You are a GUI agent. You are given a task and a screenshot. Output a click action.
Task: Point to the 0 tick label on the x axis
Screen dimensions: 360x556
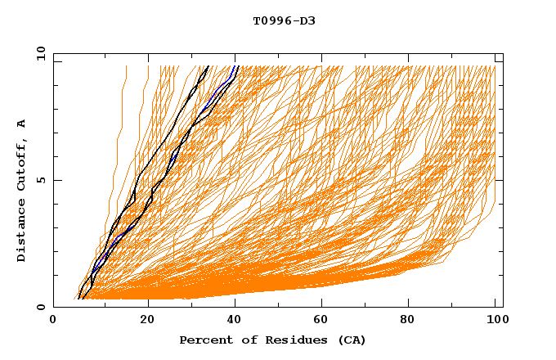[53, 320]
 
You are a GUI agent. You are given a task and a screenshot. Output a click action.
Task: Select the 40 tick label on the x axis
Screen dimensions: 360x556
[236, 320]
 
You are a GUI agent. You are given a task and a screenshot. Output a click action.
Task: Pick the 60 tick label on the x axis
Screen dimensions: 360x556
[325, 320]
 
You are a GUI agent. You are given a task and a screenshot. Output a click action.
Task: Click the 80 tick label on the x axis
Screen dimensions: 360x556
[413, 320]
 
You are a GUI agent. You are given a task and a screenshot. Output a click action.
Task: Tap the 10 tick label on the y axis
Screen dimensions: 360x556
[39, 53]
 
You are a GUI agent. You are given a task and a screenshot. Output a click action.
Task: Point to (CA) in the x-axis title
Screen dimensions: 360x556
[352, 340]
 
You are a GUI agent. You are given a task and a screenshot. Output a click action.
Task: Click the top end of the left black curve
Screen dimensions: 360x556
[208, 66]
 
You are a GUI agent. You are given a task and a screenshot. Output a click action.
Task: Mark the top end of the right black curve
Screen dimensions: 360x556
[237, 66]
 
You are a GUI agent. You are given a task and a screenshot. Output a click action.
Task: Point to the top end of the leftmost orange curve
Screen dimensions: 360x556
[126, 66]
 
